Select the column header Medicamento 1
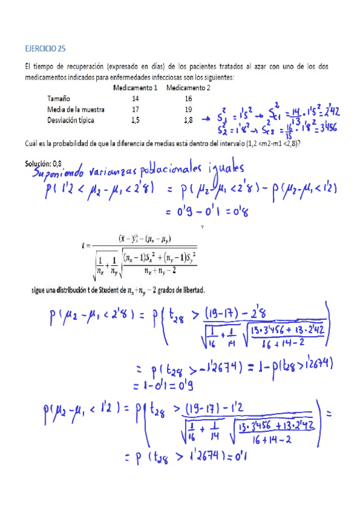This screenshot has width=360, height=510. [x=135, y=88]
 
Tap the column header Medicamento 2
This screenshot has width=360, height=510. [x=188, y=88]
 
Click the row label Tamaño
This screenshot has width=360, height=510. [x=59, y=98]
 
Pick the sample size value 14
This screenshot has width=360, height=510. [x=135, y=98]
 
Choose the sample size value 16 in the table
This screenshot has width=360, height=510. [x=188, y=98]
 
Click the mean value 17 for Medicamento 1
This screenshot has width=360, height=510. [x=135, y=109]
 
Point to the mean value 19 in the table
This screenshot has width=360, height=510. [x=188, y=109]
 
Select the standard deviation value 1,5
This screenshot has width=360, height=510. [x=135, y=120]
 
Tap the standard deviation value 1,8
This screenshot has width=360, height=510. [x=188, y=120]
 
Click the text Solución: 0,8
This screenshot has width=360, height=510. [x=44, y=163]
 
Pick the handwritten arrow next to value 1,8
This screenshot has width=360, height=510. [x=209, y=120]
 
